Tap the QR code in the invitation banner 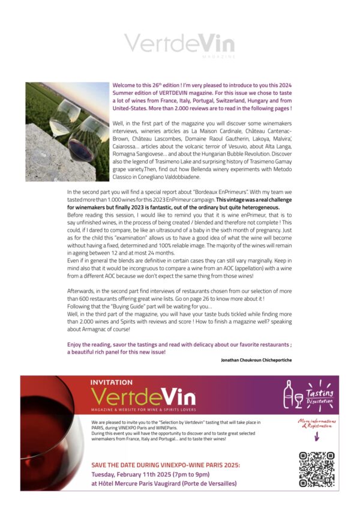316,469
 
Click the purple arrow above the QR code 316,437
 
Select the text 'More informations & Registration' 316,423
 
